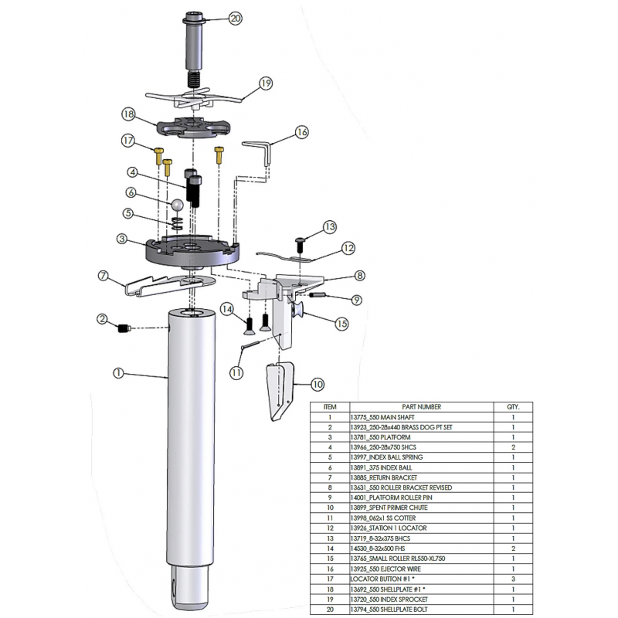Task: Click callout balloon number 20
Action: pos(236,19)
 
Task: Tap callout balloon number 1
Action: pos(118,373)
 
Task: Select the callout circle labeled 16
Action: pos(302,132)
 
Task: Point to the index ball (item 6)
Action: pos(176,205)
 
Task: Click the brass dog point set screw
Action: pos(124,328)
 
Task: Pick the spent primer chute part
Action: pos(280,391)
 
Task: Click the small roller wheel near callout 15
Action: pos(298,311)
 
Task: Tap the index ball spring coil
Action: pos(177,223)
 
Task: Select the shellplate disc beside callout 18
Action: pos(193,127)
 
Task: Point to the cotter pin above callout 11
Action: pos(250,344)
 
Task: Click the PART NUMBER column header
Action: pos(421,407)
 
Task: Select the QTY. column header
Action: pos(513,407)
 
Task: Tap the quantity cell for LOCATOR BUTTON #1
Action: pos(513,579)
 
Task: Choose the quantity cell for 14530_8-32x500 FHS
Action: pos(513,548)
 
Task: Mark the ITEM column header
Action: pos(330,407)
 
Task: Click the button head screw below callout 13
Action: pos(299,245)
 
